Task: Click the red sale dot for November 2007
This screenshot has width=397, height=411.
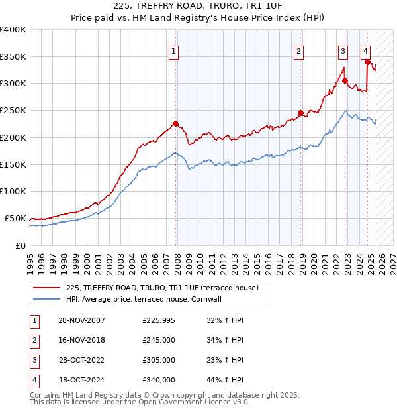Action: [x=176, y=123]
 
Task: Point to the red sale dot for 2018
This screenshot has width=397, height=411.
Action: [x=300, y=113]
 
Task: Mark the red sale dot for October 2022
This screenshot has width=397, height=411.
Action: [x=345, y=80]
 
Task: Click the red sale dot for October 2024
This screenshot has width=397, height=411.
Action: [x=367, y=62]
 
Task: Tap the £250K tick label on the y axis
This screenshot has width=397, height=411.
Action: [x=13, y=110]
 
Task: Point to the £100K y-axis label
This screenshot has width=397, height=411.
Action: [x=13, y=191]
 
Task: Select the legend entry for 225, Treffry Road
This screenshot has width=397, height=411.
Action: [x=165, y=288]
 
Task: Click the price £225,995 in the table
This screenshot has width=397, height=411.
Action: [x=159, y=321]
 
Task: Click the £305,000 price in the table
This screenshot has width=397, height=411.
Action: [x=159, y=361]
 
